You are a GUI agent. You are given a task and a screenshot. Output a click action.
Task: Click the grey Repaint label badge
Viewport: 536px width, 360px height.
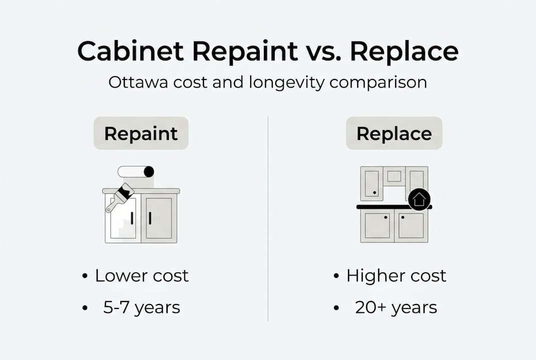click(141, 133)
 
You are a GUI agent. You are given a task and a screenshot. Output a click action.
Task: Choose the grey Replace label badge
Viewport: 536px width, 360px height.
click(394, 133)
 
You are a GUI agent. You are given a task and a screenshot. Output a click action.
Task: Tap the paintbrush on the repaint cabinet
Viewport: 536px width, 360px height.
click(120, 197)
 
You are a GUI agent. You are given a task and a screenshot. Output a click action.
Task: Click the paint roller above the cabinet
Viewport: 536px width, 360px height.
click(135, 172)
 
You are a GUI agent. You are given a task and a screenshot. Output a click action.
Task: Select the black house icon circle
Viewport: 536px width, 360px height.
click(419, 199)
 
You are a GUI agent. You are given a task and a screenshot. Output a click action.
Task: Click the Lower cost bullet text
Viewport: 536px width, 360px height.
click(142, 275)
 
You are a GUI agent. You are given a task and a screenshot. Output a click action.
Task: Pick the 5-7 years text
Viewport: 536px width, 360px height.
click(141, 307)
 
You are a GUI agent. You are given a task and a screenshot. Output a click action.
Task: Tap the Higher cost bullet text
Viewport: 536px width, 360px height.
click(396, 275)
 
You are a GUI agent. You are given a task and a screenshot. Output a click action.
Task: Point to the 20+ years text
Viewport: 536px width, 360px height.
click(396, 307)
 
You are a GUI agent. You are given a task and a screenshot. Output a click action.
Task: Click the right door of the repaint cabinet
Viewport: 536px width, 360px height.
click(158, 218)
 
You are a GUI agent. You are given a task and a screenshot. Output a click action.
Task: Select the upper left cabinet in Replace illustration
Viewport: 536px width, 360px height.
click(372, 183)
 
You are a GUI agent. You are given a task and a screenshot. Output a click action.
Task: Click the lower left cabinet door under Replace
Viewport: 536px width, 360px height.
click(377, 225)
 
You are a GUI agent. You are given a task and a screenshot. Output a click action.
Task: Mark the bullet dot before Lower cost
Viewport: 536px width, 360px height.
click(85, 276)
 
